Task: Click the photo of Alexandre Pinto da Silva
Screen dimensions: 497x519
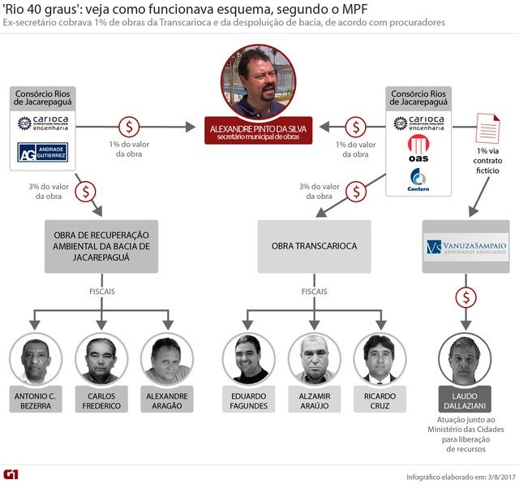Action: (x=259, y=81)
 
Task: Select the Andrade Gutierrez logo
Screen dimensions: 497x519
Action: (x=42, y=152)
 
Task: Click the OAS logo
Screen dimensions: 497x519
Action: (x=418, y=152)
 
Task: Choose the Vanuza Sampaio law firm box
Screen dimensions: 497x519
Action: (x=465, y=246)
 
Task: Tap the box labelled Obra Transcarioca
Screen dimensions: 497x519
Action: (x=314, y=246)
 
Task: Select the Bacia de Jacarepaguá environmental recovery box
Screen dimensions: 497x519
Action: (x=102, y=246)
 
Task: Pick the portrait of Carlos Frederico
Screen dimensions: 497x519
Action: (x=102, y=360)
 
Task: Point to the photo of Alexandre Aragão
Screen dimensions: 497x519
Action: (x=166, y=360)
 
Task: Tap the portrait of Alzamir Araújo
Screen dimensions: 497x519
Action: (x=315, y=360)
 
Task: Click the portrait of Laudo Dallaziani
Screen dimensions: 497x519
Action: (x=465, y=360)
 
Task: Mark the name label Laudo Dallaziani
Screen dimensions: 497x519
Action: (x=465, y=401)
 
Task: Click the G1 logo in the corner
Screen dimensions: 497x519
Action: (x=14, y=474)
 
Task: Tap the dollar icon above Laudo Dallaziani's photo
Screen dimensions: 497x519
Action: (x=465, y=298)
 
